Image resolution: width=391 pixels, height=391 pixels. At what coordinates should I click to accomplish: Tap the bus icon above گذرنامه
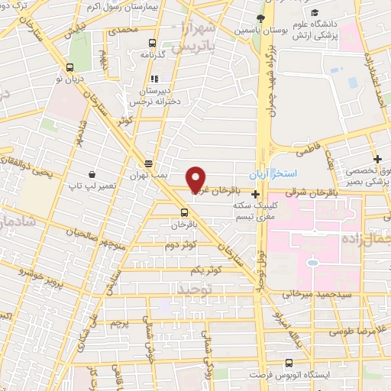pos(152,43)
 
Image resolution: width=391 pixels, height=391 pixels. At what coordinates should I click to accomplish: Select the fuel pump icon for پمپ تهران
pos(148,163)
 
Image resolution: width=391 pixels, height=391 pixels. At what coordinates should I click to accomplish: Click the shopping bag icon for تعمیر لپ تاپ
pos(92,175)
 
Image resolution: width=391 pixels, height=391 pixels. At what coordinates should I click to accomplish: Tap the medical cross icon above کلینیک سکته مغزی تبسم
pos(255,195)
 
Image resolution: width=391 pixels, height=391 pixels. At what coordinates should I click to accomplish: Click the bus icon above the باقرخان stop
pos(183,212)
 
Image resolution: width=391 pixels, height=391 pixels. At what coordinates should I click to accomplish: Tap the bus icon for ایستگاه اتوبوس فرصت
pos(287,363)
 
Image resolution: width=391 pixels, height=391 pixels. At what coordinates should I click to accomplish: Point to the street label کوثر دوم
pos(180,245)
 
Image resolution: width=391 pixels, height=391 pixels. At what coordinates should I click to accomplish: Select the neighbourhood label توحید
pos(192,289)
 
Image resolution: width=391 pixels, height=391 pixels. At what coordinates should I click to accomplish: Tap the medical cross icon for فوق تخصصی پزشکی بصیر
pos(377,159)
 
